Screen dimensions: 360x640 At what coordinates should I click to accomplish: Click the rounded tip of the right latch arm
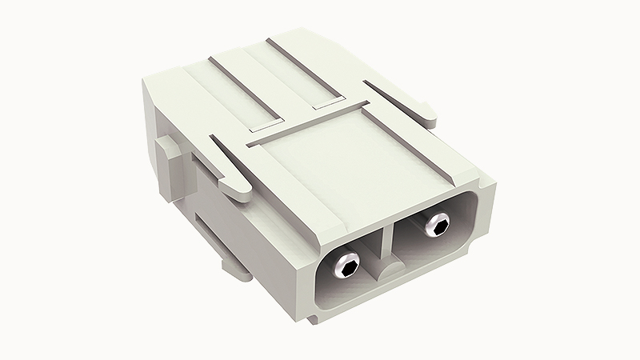432,121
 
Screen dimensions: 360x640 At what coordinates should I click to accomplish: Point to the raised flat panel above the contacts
352,160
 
